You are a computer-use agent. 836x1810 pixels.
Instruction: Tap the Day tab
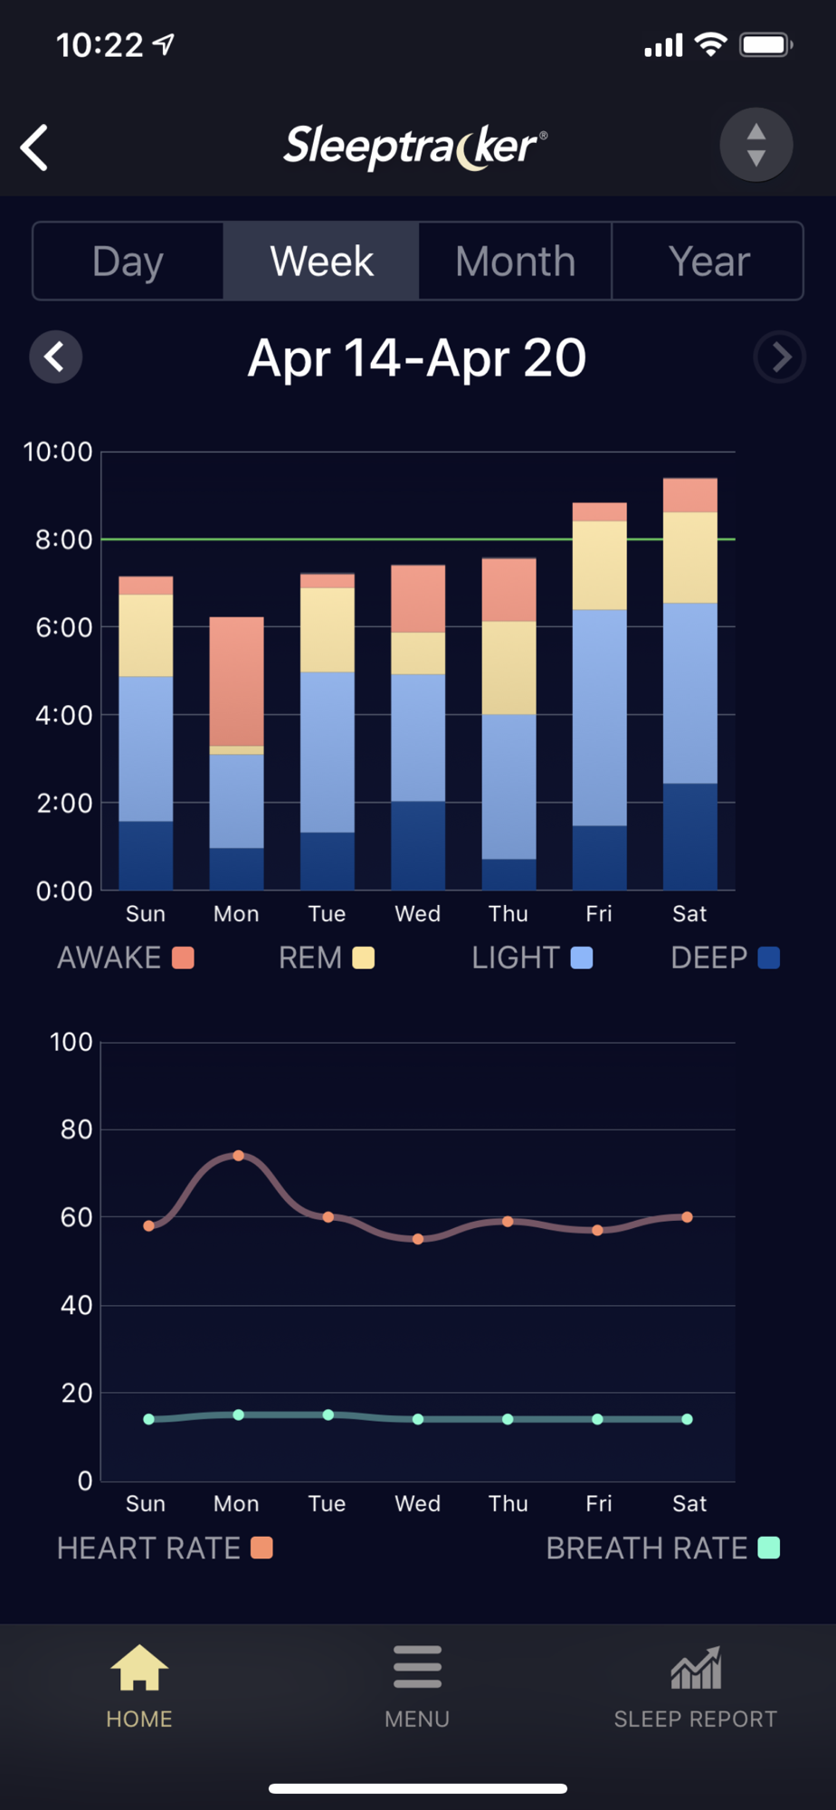pos(128,262)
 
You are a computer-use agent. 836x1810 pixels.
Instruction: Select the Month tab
pos(515,262)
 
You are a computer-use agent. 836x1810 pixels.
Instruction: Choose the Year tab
pos(708,262)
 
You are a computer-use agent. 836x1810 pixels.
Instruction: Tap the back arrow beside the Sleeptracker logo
pos(35,148)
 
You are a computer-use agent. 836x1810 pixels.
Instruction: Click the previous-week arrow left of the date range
pos(56,357)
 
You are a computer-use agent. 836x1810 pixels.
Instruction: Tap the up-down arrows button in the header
pos(756,145)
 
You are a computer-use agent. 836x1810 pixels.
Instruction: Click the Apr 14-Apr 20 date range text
pos(417,358)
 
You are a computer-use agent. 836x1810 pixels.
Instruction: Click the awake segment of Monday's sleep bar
pos(237,681)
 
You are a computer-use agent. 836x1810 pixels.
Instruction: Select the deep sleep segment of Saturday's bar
pos(689,836)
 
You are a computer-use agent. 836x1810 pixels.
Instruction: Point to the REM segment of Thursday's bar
pos(508,667)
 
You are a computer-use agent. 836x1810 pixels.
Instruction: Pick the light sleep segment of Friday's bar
pos(599,717)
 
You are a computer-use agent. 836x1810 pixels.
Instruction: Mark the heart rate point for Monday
pos(239,1156)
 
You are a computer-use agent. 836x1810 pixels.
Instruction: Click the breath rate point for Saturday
pos(688,1419)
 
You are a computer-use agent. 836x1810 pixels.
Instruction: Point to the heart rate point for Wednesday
pos(418,1239)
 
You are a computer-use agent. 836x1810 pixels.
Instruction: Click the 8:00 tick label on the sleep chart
pos(63,540)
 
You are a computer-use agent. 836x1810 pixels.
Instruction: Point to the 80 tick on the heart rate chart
pos(76,1129)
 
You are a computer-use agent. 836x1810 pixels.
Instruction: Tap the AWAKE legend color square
pos(183,957)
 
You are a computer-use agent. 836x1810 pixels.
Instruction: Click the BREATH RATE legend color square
pos(768,1548)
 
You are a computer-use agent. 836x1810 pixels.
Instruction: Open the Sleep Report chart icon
pos(696,1668)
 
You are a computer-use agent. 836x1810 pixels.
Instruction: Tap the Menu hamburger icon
pos(417,1667)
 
